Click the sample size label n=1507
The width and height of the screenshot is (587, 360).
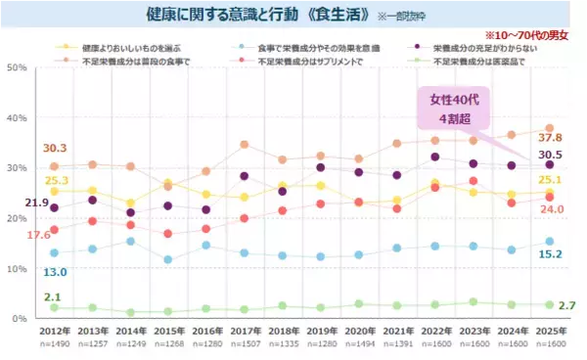246,345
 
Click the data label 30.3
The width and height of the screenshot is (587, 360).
55,149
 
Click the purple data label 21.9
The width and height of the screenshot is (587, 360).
37,202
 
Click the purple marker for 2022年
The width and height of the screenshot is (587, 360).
436,157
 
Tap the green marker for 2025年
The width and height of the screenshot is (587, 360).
549,305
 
